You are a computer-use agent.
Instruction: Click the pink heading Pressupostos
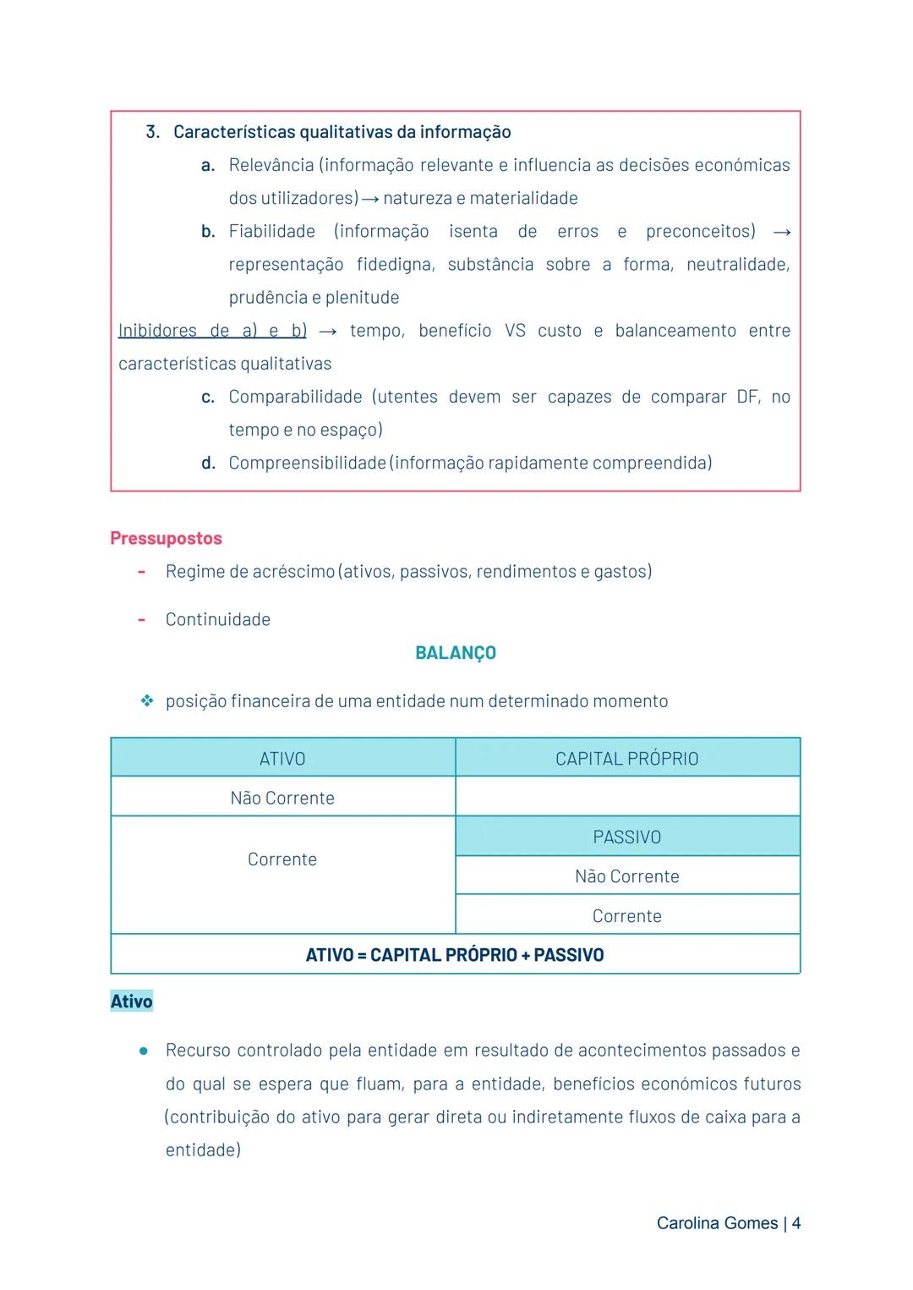pos(166,539)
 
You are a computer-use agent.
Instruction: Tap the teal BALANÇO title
pos(456,653)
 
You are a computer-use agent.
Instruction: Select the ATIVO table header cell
pos(282,759)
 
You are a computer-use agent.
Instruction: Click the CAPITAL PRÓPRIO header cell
pos(626,759)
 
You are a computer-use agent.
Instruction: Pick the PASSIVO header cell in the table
pos(626,837)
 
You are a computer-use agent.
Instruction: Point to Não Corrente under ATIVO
pos(282,798)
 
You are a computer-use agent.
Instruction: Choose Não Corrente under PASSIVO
pos(626,876)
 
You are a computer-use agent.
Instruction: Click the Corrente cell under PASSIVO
pos(626,916)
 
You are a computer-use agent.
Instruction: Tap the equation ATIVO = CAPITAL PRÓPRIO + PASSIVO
pos(455,955)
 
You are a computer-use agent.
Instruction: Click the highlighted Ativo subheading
pos(132,1002)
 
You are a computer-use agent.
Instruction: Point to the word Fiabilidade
pos(271,231)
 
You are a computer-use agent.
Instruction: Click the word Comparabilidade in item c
pos(295,397)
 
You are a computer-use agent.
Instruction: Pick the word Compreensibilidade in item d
pos(307,463)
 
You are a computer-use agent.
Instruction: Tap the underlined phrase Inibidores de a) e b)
pos(212,331)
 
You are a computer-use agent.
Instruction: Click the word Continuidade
pos(218,619)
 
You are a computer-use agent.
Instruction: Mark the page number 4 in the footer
pos(796,1223)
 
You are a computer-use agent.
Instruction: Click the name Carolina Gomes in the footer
pos(717,1223)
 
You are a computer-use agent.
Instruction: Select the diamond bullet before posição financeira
pos(147,701)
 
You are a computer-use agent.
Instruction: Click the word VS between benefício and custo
pos(515,331)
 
